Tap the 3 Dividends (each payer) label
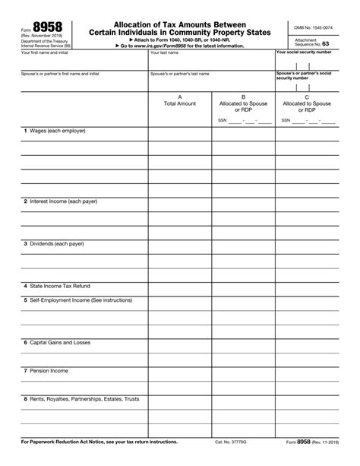53,244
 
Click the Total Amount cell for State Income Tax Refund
180,286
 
